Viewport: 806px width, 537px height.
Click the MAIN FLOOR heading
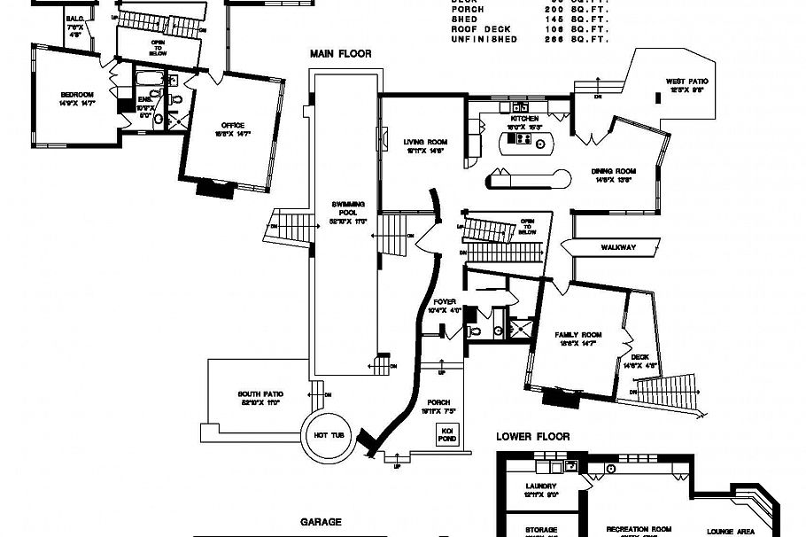click(340, 54)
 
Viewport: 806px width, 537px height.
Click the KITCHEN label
click(523, 119)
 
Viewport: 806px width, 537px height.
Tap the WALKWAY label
click(617, 247)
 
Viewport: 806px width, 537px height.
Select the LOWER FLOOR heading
click(532, 436)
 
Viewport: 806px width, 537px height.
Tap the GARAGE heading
click(321, 523)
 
